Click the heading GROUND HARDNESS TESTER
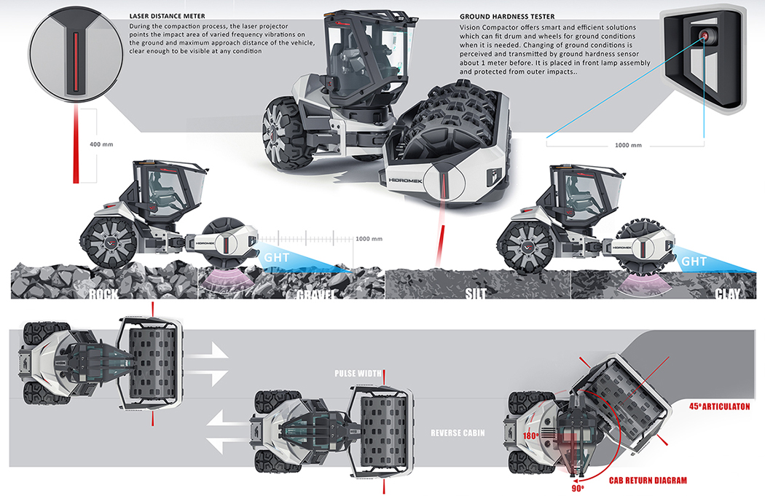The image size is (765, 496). click(507, 15)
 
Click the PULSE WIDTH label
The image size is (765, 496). click(358, 374)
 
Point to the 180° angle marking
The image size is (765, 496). click(530, 436)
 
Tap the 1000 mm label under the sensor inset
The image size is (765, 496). click(627, 145)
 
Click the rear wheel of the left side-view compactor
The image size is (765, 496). click(107, 242)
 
